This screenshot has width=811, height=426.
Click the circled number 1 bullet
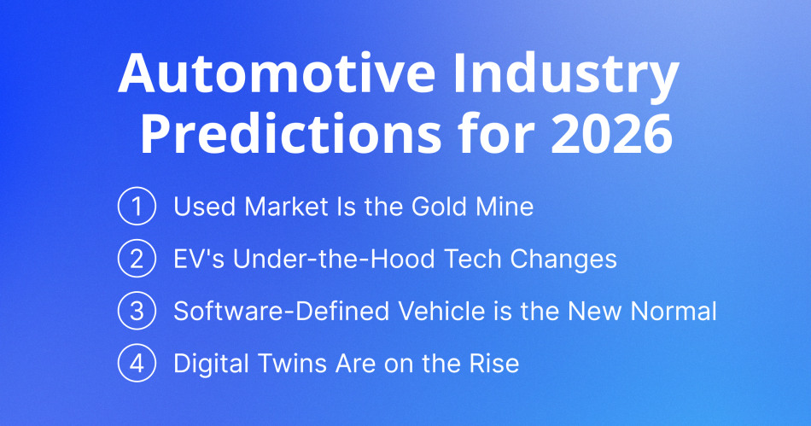(136, 207)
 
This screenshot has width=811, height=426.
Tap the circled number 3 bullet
(136, 312)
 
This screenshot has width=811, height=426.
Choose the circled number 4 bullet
(136, 364)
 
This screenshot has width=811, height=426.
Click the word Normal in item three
(674, 312)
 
